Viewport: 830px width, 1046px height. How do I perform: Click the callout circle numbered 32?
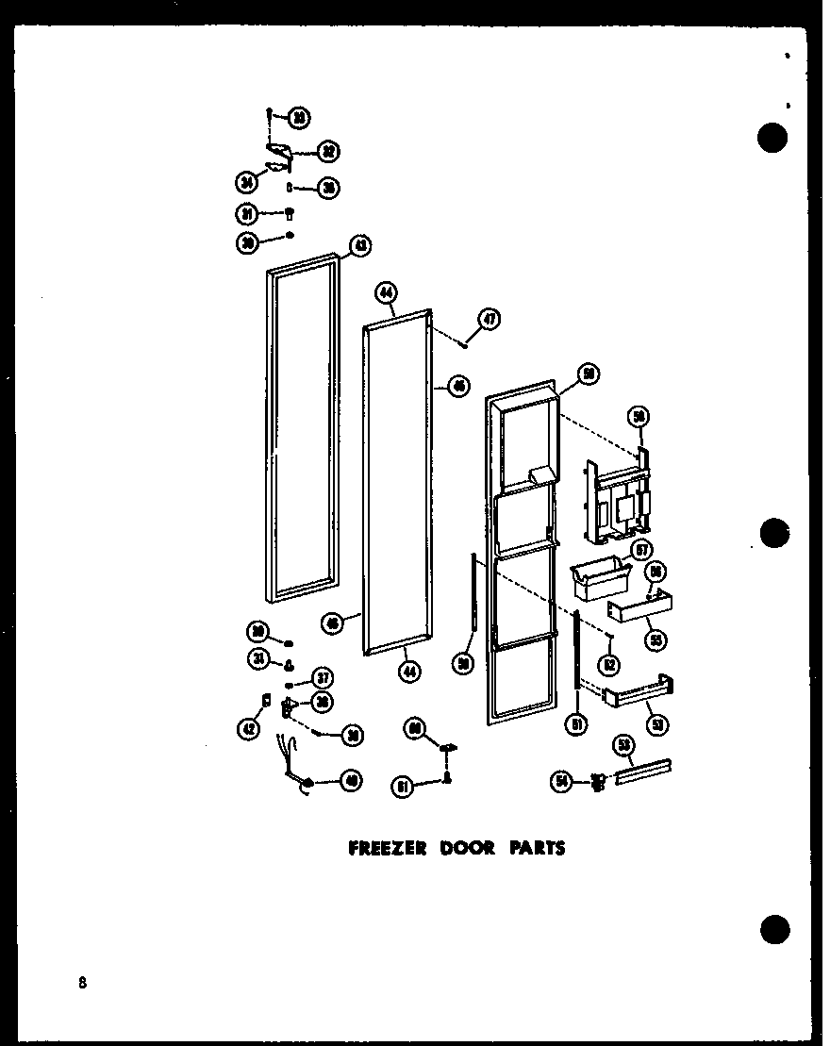(x=328, y=151)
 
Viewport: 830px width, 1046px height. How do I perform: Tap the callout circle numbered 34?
(x=247, y=183)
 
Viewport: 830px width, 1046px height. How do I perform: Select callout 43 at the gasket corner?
(x=360, y=247)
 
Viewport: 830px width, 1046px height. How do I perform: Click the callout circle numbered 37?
(x=323, y=676)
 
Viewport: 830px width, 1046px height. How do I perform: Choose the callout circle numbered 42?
(x=247, y=727)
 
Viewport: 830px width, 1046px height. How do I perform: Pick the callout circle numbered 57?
(x=641, y=550)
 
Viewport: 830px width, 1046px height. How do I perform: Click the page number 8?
(x=83, y=983)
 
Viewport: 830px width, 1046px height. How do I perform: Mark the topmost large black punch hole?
(x=773, y=138)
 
